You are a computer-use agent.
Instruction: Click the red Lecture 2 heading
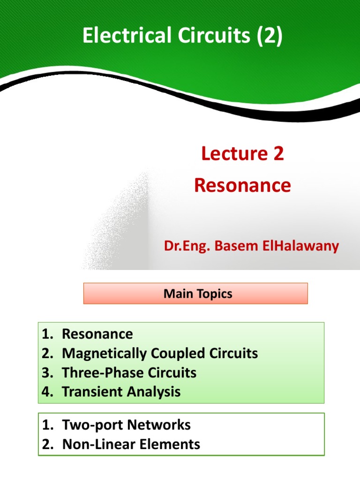[x=242, y=154]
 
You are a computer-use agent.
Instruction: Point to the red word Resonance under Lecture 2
[x=242, y=186]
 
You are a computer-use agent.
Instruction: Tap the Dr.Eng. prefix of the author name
[x=187, y=246]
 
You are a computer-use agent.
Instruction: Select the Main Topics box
[x=195, y=293]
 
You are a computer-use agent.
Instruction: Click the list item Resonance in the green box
[x=97, y=334]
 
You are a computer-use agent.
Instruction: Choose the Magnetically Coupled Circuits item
[x=160, y=353]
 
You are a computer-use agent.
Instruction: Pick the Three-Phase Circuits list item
[x=129, y=373]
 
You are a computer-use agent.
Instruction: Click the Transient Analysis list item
[x=121, y=392]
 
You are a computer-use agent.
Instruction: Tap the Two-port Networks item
[x=126, y=425]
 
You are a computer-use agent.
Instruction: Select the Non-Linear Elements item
[x=131, y=444]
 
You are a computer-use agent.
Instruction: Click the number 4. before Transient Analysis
[x=47, y=392]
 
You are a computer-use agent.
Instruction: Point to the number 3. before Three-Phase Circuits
[x=47, y=373]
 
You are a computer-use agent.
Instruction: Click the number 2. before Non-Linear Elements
[x=47, y=444]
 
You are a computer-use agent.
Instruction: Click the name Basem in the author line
[x=232, y=246]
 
